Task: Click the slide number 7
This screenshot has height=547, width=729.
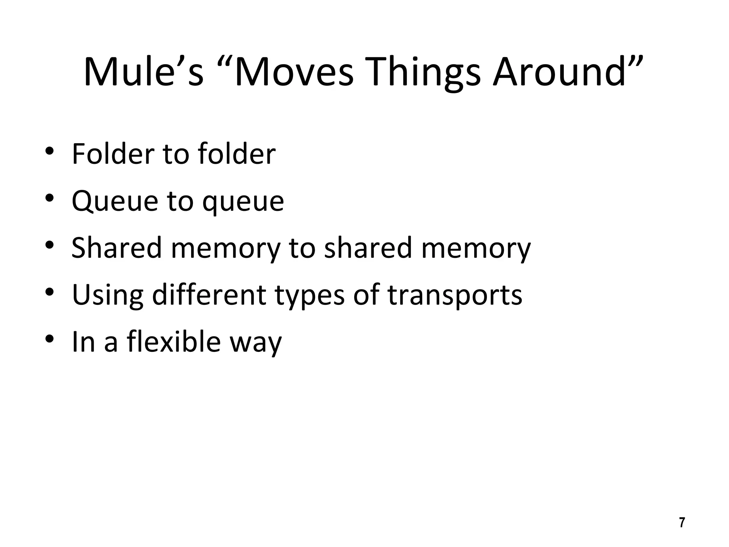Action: pos(682,522)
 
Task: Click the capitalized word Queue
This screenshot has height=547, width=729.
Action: pos(115,201)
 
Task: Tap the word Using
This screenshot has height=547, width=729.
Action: pos(107,295)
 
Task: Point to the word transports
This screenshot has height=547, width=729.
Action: pos(455,296)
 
